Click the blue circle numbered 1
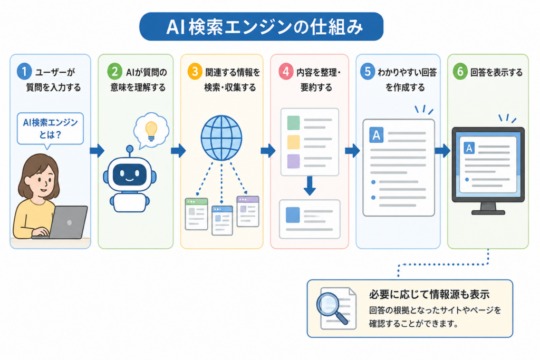[24, 72]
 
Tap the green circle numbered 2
[114, 72]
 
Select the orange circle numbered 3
[195, 72]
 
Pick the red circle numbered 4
[286, 72]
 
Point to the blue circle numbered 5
[368, 72]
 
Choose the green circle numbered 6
[460, 72]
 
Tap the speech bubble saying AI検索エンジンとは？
[50, 130]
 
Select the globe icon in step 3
[221, 138]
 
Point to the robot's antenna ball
[130, 149]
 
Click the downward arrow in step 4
[310, 186]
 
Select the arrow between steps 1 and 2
[97, 150]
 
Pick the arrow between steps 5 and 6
[442, 150]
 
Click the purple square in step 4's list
[293, 161]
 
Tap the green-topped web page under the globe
[196, 213]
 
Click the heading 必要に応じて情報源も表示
[429, 295]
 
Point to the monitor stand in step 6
[488, 209]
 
